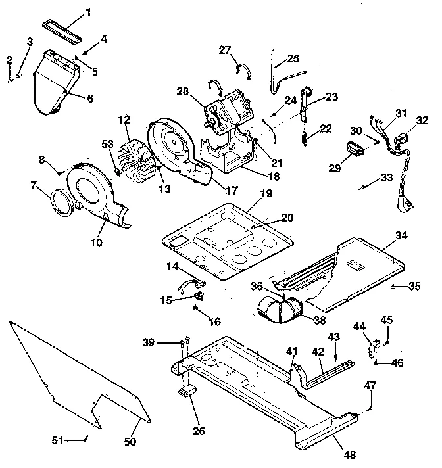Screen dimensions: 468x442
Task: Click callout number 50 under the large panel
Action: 130,441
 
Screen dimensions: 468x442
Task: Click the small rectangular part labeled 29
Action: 355,151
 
